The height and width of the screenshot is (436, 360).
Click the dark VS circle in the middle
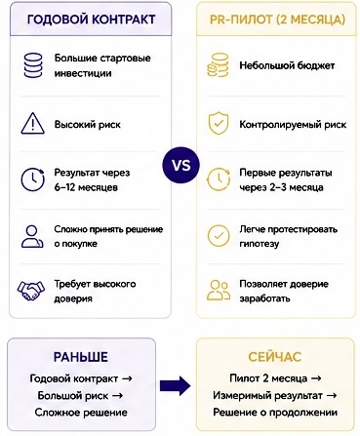tap(180, 165)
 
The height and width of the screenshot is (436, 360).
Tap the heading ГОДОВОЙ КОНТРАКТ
tap(91, 20)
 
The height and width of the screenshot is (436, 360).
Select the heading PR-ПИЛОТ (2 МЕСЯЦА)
tap(277, 20)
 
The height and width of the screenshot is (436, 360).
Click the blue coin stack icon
tap(33, 65)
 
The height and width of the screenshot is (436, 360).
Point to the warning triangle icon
tap(32, 124)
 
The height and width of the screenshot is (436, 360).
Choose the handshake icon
tap(31, 291)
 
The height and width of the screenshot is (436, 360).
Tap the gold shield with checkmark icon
tap(219, 123)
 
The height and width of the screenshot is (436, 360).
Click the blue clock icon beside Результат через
tap(33, 179)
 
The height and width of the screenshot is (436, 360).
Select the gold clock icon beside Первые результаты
tap(219, 179)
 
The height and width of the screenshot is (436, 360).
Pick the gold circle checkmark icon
tap(219, 235)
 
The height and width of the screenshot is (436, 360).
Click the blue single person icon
tap(32, 237)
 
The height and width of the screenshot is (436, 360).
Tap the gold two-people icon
tap(219, 291)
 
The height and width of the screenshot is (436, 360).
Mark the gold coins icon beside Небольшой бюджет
tap(218, 65)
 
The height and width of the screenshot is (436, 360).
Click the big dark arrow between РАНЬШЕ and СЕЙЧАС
tap(175, 386)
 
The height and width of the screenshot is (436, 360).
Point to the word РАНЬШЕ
tap(81, 357)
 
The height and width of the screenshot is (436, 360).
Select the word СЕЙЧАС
tap(275, 357)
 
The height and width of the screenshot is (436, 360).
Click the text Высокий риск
tap(88, 125)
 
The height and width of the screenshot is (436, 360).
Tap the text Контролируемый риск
tap(293, 125)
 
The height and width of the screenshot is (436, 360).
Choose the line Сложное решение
tap(81, 413)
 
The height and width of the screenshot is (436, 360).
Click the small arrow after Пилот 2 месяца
tap(316, 378)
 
